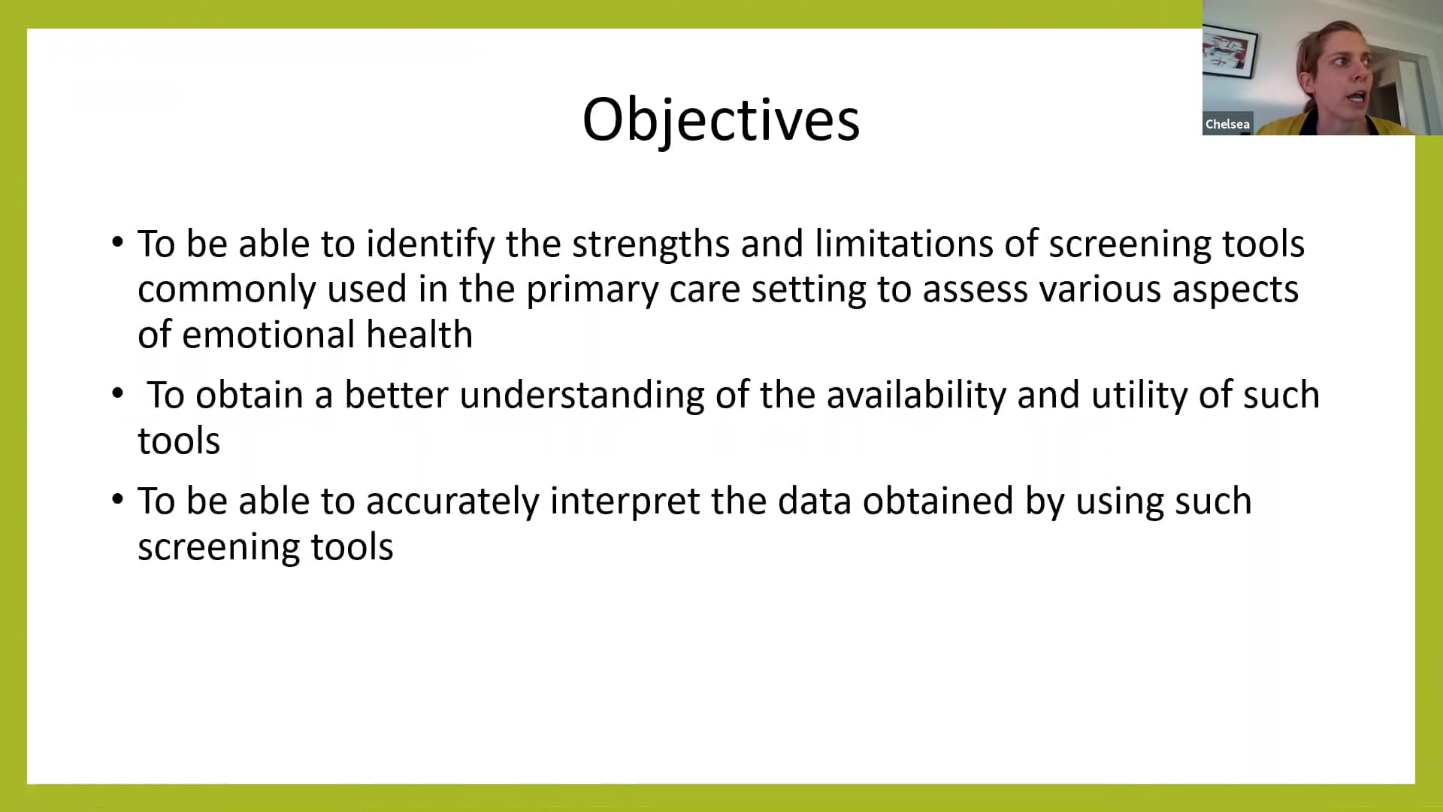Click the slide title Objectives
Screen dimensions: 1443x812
point(721,120)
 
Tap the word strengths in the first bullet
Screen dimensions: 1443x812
point(651,245)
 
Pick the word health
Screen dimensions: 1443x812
point(419,335)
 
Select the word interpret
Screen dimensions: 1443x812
point(625,502)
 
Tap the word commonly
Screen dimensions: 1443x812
point(227,290)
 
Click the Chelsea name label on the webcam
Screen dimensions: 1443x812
point(1227,124)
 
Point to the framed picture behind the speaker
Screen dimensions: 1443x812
point(1230,50)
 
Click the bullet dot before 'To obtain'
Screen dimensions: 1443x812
point(117,392)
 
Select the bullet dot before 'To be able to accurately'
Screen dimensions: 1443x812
point(117,498)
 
